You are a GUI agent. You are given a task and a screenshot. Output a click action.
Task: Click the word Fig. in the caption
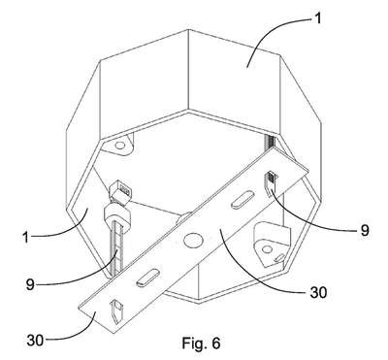[194, 344]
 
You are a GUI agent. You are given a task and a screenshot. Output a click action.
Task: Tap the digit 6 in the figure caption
[216, 343]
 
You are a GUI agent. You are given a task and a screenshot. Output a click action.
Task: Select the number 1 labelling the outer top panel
[318, 18]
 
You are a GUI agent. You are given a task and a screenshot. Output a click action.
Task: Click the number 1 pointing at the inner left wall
[26, 237]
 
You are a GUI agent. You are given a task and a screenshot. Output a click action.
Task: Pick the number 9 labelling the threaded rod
[30, 284]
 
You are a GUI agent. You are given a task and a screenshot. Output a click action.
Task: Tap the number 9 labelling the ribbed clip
[365, 230]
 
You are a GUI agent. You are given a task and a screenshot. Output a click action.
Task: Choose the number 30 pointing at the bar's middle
[318, 292]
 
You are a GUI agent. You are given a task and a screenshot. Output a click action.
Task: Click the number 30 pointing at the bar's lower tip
[35, 341]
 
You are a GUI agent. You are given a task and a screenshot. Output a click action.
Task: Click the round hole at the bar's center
[190, 240]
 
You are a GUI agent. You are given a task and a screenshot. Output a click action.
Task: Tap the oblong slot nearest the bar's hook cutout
[147, 278]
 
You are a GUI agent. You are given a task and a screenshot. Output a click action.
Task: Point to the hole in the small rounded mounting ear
[120, 146]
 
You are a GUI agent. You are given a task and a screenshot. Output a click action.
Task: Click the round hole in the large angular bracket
[267, 248]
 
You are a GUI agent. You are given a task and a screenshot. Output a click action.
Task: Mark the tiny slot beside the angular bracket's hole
[279, 258]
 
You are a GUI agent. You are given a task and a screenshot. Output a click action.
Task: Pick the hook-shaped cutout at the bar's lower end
[116, 312]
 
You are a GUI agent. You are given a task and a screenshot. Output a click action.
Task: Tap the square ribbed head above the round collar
[120, 193]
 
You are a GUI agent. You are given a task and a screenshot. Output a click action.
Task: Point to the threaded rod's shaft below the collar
[115, 249]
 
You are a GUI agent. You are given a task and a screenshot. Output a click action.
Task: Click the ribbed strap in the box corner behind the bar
[270, 142]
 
